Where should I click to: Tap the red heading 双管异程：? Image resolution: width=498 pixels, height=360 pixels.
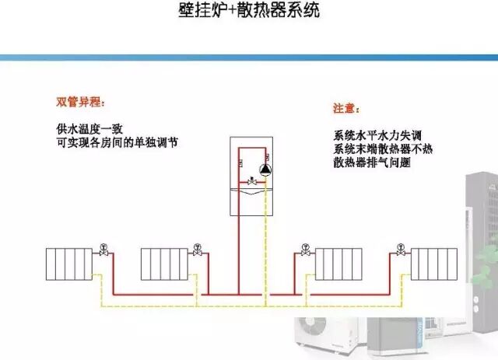click(80, 103)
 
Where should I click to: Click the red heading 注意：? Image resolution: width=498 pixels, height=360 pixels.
click(345, 108)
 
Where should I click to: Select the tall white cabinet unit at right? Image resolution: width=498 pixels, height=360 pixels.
click(478, 233)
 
